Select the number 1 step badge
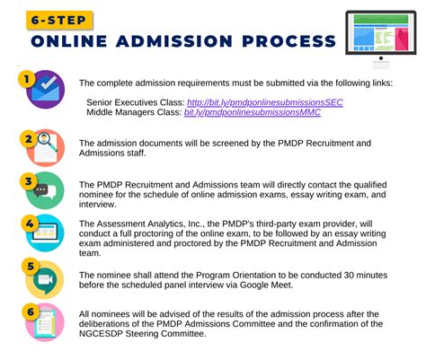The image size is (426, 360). coord(26,80)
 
